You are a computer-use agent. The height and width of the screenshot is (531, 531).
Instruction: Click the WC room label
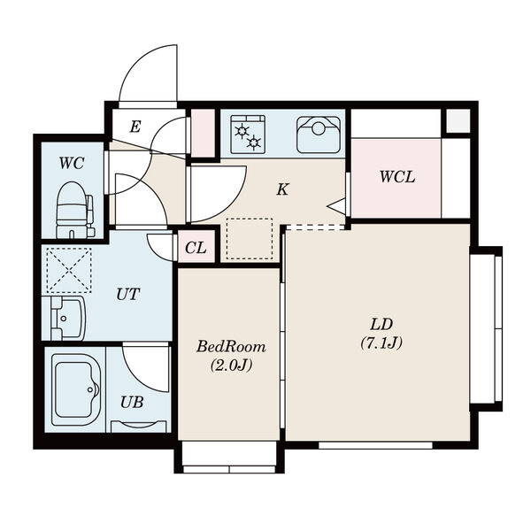tap(72, 164)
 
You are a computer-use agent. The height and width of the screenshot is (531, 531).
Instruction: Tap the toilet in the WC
tap(75, 210)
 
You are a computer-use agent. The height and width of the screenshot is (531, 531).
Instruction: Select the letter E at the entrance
tap(135, 127)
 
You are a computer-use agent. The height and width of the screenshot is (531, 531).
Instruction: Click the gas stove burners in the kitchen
tap(248, 135)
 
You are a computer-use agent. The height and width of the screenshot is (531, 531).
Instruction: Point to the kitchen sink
tap(319, 135)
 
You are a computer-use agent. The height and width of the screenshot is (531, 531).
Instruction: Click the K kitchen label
tap(282, 189)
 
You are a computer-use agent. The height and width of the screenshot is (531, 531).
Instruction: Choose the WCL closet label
tap(397, 177)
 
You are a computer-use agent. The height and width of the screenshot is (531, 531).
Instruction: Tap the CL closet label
tap(196, 248)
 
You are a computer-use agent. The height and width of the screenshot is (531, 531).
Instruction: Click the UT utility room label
tap(128, 295)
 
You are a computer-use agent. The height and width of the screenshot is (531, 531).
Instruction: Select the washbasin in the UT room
tap(64, 319)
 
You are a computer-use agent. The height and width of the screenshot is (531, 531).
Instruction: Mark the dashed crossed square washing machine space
tap(69, 270)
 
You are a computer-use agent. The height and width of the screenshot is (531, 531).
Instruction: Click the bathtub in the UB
tap(76, 389)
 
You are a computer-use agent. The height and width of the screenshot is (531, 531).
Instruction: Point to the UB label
tap(132, 402)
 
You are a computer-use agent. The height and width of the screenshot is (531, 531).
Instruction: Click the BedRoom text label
tap(231, 347)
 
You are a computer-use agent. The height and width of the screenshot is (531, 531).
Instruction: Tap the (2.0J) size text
tap(232, 365)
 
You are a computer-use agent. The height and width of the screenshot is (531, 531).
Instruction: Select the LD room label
tap(381, 325)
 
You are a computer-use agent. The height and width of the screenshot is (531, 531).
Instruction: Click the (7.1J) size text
tap(381, 343)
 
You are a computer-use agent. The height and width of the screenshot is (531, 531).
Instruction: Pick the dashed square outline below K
tap(250, 239)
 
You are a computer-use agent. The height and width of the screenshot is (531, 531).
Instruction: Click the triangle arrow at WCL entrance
tap(336, 206)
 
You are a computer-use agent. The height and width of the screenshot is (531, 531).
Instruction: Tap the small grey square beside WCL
tap(458, 121)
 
